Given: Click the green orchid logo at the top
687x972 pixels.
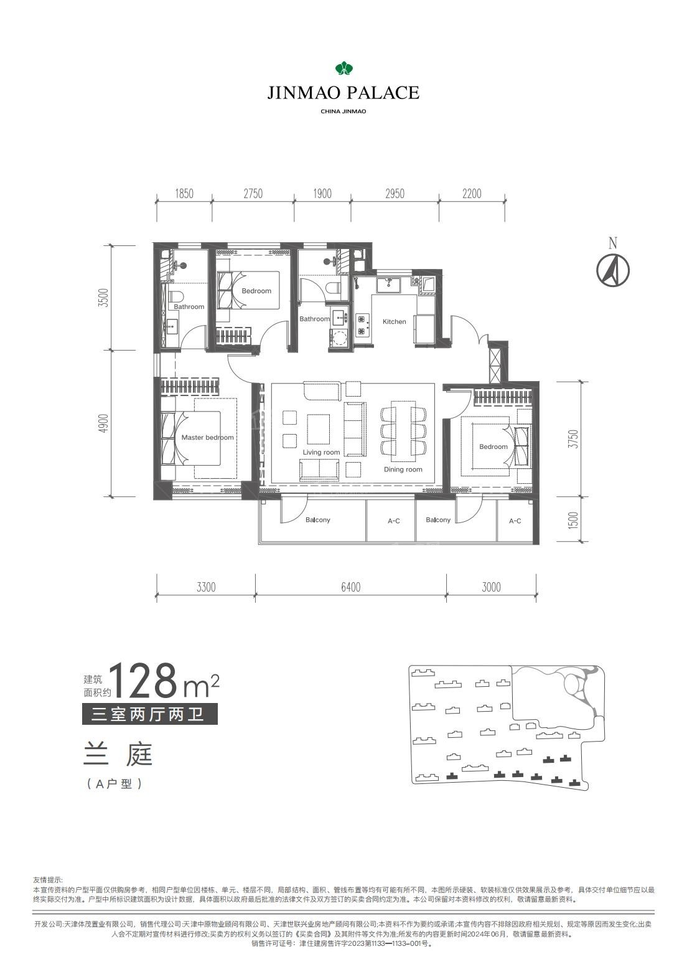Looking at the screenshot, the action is point(344,68).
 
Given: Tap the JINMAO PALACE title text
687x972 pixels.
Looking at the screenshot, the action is point(343,92).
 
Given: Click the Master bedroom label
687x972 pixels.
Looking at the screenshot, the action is point(207,437).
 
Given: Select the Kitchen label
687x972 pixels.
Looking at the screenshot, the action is point(395,321).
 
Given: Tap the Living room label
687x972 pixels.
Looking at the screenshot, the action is point(321,452).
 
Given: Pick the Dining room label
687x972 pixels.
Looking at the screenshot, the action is point(403,469).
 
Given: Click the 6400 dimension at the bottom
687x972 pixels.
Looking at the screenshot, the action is point(350,587).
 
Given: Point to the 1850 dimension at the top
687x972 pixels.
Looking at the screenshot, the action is point(184,194).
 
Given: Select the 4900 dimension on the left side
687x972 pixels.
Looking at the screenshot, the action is point(103,423).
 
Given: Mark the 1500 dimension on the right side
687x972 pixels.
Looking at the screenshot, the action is point(573,520).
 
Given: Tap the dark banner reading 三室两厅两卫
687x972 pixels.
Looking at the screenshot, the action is point(149,714).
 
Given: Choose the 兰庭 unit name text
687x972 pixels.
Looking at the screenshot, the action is point(118,754).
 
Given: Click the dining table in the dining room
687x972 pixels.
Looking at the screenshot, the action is point(403,432).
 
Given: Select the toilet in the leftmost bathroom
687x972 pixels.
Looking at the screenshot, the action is point(177,296).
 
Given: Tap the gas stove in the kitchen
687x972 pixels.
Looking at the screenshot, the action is point(362,325).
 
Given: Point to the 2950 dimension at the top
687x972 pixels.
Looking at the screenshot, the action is point(395,194).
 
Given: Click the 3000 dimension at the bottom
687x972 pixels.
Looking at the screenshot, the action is point(491,587).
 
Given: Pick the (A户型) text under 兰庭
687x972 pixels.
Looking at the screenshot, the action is point(115,784).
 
